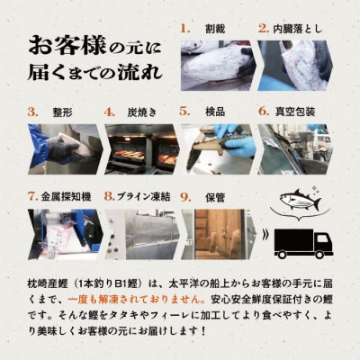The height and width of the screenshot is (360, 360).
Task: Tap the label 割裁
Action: tap(214, 28)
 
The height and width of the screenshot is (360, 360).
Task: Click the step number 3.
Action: tap(32, 112)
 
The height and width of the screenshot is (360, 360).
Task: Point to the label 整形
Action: tap(62, 112)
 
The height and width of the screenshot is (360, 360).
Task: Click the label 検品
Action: tap(214, 112)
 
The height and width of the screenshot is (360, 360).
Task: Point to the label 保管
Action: tap(214, 194)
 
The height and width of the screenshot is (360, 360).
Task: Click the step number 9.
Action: tap(184, 194)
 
